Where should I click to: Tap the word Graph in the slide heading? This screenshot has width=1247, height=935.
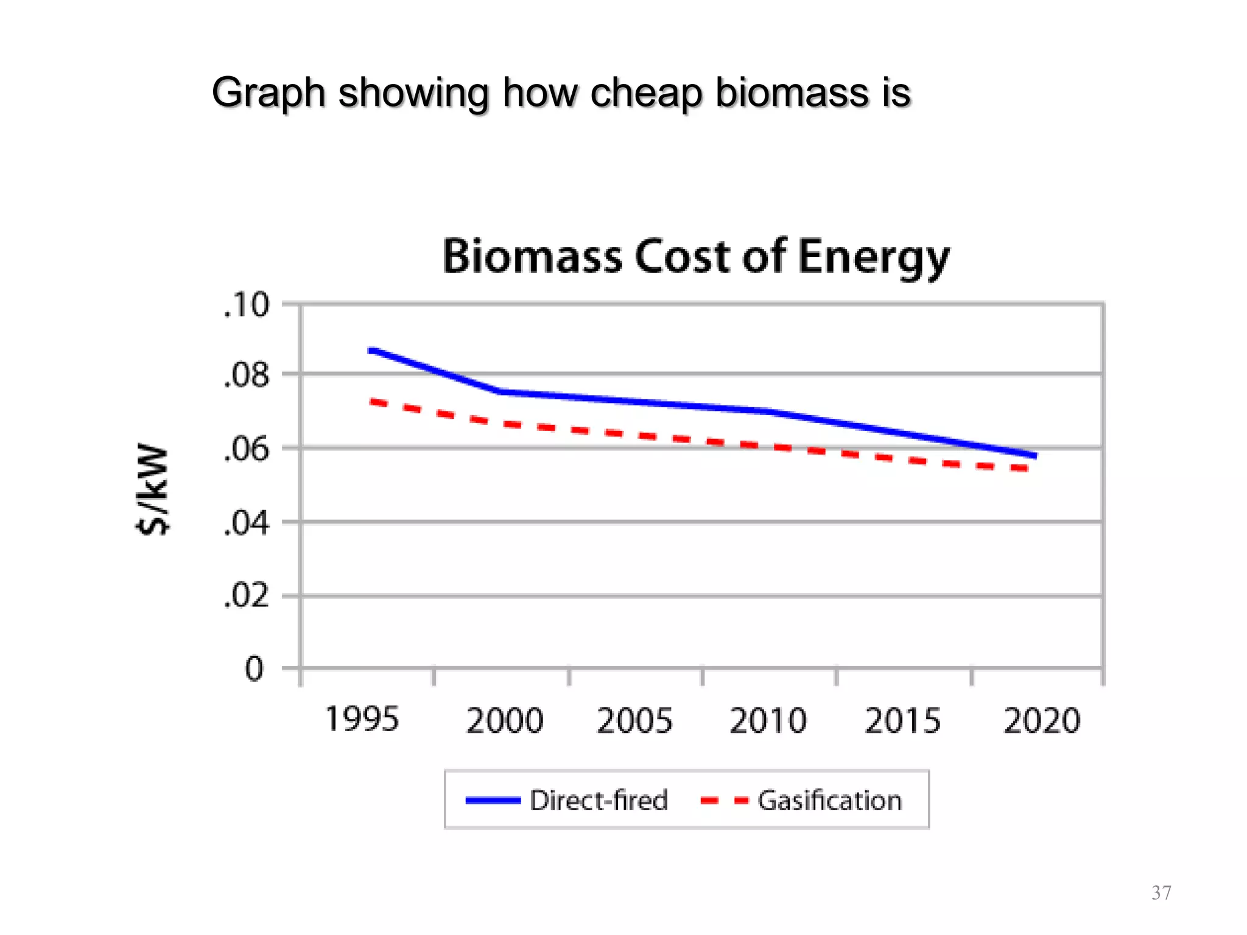coord(269,94)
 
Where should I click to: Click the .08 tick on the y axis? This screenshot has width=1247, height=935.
coord(246,376)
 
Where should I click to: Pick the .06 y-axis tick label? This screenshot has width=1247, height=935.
coord(246,450)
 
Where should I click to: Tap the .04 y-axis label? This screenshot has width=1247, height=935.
coord(246,524)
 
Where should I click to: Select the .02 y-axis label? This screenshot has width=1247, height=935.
coord(246,596)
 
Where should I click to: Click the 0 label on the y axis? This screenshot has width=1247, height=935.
coord(254,669)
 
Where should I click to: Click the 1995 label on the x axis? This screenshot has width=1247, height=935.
coord(362,719)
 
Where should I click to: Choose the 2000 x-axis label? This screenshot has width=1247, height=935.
coord(504,721)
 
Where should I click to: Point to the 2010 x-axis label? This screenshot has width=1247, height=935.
coord(768,721)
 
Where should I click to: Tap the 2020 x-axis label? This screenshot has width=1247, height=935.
coord(1041,721)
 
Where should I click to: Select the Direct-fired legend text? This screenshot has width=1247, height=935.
coord(599,800)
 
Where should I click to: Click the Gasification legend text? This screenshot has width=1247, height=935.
coord(829,800)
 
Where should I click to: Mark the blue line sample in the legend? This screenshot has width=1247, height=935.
coord(493,800)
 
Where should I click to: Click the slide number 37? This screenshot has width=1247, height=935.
coord(1161,892)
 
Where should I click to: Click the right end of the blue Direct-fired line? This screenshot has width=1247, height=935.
coord(1034,455)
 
